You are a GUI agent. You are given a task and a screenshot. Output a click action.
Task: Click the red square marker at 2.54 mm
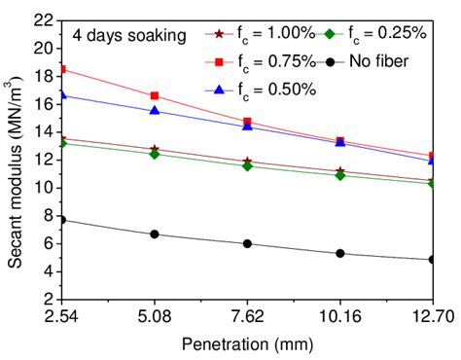pos(62,69)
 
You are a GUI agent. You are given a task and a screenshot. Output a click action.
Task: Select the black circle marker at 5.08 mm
pos(155,234)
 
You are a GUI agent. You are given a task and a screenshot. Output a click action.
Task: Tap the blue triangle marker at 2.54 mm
pos(62,94)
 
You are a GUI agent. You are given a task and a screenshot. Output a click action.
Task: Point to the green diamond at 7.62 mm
pos(247,166)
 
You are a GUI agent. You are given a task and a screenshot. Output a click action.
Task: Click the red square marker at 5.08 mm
pos(155,95)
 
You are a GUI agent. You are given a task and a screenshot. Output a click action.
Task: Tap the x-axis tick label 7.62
pos(247,317)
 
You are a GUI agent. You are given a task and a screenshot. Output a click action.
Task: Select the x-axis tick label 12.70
pos(428,317)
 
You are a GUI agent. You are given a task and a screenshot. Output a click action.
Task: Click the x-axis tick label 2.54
pos(62,317)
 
